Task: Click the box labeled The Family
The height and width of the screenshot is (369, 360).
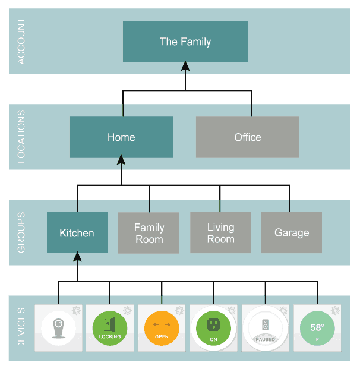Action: [x=185, y=42]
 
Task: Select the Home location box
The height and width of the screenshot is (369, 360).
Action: [x=121, y=137]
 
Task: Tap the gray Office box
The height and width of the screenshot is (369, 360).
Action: [x=247, y=137]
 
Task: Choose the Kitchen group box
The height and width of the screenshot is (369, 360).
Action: [x=77, y=232]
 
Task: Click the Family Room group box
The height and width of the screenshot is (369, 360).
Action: [x=149, y=233]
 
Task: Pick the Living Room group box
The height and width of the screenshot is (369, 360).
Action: [x=220, y=233]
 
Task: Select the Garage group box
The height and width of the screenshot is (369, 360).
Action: [x=291, y=232]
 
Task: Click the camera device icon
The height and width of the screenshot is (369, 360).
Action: [x=58, y=328]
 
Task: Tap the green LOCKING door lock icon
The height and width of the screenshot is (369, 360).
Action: [x=110, y=328]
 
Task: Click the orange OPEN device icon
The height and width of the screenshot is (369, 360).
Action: [x=162, y=328]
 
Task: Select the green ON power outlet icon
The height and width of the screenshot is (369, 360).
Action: [x=213, y=328]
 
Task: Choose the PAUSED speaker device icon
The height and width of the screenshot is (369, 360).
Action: [x=265, y=328]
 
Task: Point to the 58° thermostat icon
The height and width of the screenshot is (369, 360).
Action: [x=317, y=328]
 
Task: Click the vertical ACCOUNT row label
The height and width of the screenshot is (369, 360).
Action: [x=21, y=42]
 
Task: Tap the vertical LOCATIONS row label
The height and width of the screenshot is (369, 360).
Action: [x=21, y=137]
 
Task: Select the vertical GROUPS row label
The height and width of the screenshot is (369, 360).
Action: [x=21, y=232]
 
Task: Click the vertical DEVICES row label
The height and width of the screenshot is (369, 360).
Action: [x=21, y=328]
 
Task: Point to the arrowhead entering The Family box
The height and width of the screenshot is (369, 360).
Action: [x=185, y=67]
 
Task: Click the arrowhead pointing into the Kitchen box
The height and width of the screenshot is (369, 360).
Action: [x=77, y=258]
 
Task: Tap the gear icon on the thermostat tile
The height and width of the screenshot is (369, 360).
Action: [x=335, y=310]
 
